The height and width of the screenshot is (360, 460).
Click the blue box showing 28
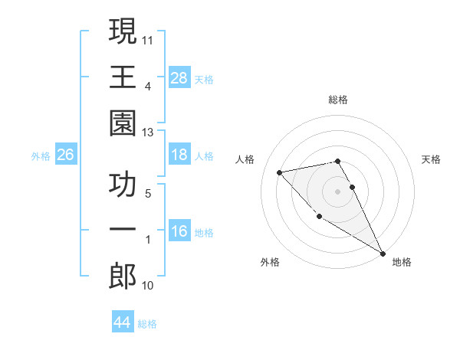click(179, 78)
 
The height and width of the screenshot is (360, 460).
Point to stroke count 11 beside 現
click(149, 38)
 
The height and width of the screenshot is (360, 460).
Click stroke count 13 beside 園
click(149, 132)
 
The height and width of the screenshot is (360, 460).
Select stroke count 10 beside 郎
click(149, 285)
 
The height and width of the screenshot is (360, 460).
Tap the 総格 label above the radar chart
click(337, 100)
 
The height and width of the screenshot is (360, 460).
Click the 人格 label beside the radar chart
click(246, 159)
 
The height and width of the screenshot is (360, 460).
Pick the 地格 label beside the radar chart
click(402, 262)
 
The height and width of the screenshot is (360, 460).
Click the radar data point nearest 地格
click(383, 254)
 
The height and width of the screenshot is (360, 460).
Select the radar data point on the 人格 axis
click(280, 172)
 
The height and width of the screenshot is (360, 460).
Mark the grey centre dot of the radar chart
click(337, 191)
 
